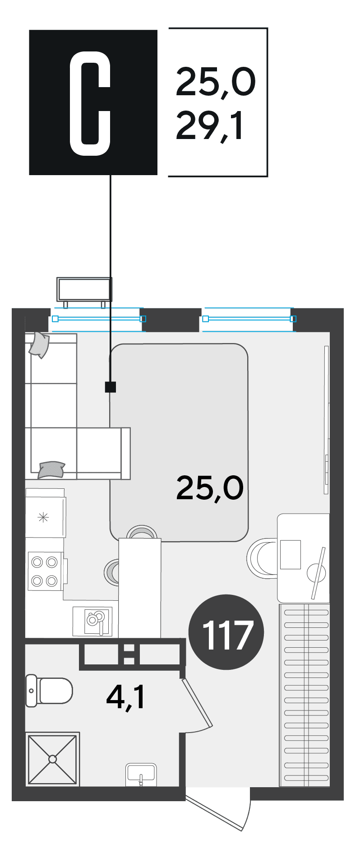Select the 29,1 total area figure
pyautogui.click(x=210, y=126)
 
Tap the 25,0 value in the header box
pyautogui.click(x=215, y=82)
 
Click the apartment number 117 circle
pyautogui.click(x=226, y=632)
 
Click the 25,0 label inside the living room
pyautogui.click(x=210, y=487)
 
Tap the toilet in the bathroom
pyautogui.click(x=49, y=690)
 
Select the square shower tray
pyautogui.click(x=53, y=759)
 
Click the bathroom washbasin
pyautogui.click(x=141, y=774)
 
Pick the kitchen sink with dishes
pyautogui.click(x=92, y=621)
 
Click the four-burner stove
pyautogui.click(x=45, y=571)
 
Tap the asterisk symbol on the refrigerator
pyautogui.click(x=43, y=517)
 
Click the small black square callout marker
pyautogui.click(x=111, y=387)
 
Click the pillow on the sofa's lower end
pyautogui.click(x=51, y=469)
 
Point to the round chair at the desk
pyautogui.click(x=263, y=558)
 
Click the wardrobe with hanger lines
pyautogui.click(x=305, y=695)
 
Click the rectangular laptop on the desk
pyautogui.click(x=290, y=555)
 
